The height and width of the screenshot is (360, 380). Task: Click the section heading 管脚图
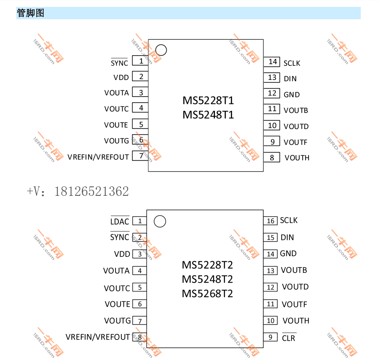[30, 13]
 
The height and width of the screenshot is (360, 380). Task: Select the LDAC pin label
[120, 221]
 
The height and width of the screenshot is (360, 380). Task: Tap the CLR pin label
[289, 338]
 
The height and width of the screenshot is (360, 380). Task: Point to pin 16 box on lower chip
[270, 221]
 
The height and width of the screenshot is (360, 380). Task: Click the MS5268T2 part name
[207, 294]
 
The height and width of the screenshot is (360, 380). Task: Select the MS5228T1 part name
[208, 100]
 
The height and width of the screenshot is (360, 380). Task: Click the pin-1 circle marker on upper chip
[161, 50]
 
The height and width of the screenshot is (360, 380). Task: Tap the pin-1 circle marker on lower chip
[159, 221]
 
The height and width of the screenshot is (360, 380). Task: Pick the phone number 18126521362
[91, 191]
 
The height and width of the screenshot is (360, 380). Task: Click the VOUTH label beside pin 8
[297, 158]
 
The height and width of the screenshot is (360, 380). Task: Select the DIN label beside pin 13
[290, 78]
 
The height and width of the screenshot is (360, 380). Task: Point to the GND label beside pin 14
[288, 254]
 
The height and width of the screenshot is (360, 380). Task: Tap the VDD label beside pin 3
[122, 254]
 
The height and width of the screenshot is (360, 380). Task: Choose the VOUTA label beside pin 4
[116, 271]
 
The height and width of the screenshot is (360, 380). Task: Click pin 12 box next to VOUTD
[270, 287]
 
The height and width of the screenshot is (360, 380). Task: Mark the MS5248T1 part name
[208, 115]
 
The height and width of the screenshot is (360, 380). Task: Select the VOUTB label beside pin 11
[296, 110]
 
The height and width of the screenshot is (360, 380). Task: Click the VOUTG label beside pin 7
[117, 321]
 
